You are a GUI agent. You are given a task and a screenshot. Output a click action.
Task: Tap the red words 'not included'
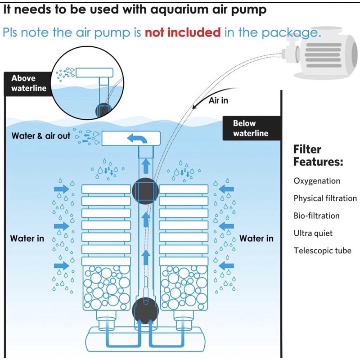[x=182, y=32]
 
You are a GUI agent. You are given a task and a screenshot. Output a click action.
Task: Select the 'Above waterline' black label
[x=29, y=83]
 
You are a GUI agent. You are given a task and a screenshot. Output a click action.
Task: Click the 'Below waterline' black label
[x=251, y=128]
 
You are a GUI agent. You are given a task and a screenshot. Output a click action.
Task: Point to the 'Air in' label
[x=218, y=100]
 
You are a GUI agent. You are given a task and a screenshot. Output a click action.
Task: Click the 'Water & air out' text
[x=41, y=135]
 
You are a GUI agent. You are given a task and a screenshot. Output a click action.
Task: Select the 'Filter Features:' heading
[x=318, y=155]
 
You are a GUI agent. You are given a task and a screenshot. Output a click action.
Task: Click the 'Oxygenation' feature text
[x=317, y=181]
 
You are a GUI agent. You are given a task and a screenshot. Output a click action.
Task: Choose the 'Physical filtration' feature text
[x=325, y=198]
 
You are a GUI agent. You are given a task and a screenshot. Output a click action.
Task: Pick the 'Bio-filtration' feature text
[x=316, y=216]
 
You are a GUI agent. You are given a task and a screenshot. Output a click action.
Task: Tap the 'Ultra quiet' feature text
[x=313, y=233]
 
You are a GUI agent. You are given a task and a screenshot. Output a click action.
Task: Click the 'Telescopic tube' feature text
[x=322, y=251]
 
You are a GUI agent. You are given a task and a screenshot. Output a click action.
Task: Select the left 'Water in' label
[x=27, y=238]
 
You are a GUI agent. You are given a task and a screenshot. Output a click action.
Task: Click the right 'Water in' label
[x=256, y=238]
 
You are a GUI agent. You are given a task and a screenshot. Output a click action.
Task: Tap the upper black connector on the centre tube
[x=145, y=190]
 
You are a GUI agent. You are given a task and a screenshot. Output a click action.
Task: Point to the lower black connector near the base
[x=145, y=309]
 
